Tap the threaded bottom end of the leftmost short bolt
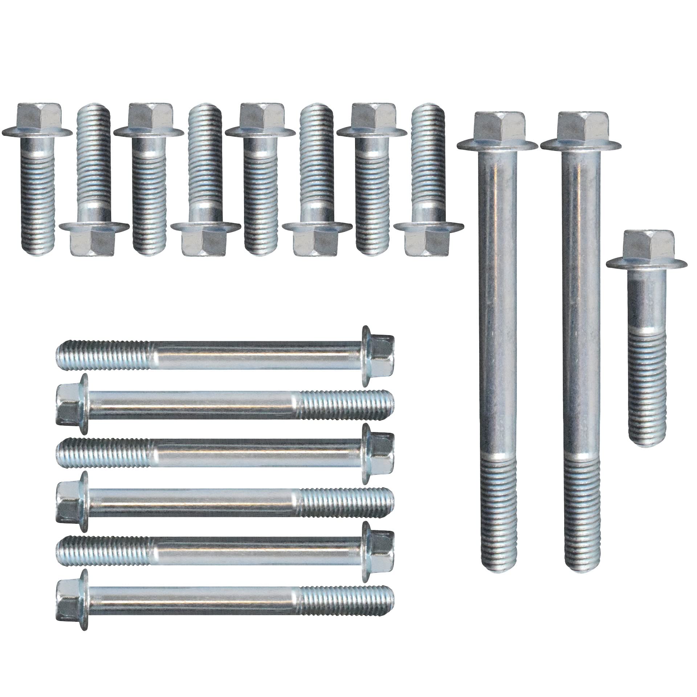(x=39, y=234)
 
